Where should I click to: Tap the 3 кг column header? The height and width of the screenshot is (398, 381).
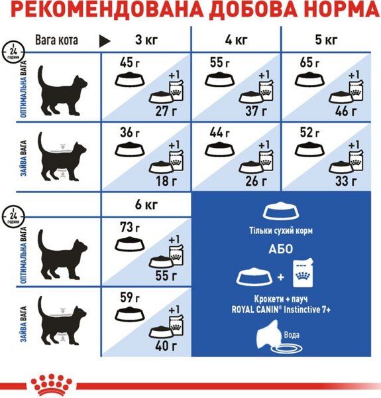pos(146,40)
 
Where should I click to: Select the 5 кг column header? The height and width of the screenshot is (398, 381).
pos(326,40)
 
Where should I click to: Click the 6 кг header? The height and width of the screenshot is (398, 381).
pos(146,204)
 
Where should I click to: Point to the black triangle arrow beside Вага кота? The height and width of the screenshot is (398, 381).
pos(105,41)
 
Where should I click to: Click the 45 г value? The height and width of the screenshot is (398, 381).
pos(130,62)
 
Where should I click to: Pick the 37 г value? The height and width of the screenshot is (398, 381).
pos(256,111)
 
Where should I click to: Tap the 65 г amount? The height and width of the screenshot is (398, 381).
pos(309,62)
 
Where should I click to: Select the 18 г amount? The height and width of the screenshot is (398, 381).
pos(166,181)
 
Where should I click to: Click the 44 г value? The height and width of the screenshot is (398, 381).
pos(220,132)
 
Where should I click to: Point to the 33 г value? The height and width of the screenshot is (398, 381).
pos(346,181)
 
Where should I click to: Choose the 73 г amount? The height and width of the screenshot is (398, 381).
pos(130,227)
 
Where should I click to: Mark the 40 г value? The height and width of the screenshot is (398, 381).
pos(166,346)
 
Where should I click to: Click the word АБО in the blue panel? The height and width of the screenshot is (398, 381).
pos(281,249)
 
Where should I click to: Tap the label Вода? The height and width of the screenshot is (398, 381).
pos(292,335)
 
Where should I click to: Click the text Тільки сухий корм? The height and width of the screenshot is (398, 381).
pos(281,231)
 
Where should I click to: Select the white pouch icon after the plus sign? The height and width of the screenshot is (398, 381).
pos(303,273)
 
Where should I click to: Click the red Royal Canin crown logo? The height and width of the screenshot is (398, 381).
pos(52,385)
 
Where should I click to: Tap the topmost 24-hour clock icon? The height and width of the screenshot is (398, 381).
pos(13,52)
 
